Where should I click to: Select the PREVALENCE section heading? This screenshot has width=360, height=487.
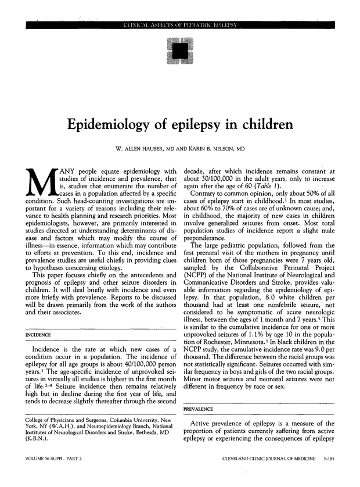199,409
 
